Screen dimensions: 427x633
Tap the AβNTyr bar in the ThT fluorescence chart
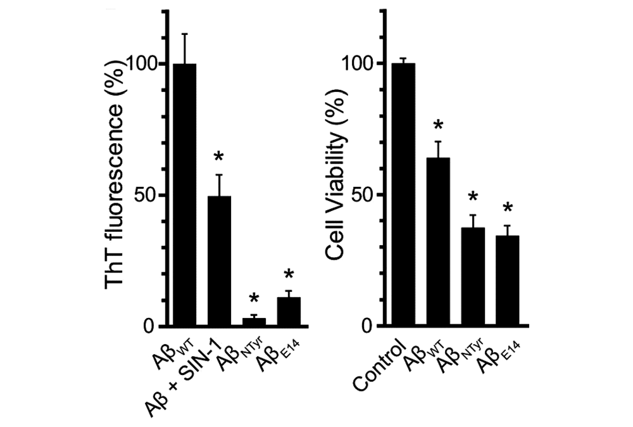(x=254, y=322)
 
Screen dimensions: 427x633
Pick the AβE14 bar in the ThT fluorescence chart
(x=289, y=312)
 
